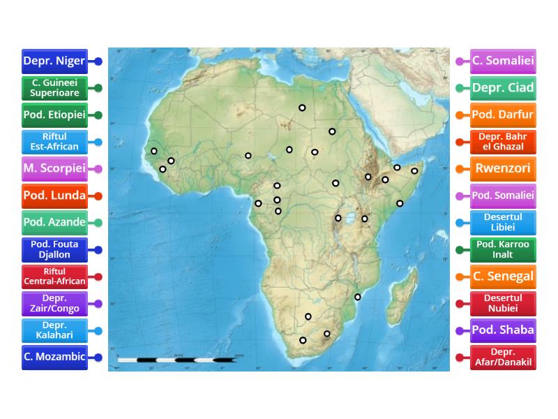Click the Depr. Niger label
[x=54, y=61]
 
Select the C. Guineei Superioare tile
[x=54, y=88]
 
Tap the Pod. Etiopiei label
[x=54, y=115]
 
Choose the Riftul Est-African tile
[x=54, y=142]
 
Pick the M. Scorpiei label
[x=54, y=169]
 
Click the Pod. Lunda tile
[x=54, y=196]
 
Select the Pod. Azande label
[x=54, y=223]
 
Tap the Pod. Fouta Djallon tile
[x=54, y=249]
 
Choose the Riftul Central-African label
[x=54, y=277]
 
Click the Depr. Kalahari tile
[x=54, y=330]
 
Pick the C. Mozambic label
[x=54, y=357]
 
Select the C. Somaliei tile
[x=503, y=61]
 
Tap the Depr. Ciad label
[x=503, y=88]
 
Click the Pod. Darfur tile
[x=503, y=115]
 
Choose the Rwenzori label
[x=503, y=169]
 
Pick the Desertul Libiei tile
[x=503, y=223]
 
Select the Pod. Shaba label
[x=503, y=330]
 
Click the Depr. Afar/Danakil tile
[x=503, y=357]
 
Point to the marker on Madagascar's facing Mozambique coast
[x=358, y=297]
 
